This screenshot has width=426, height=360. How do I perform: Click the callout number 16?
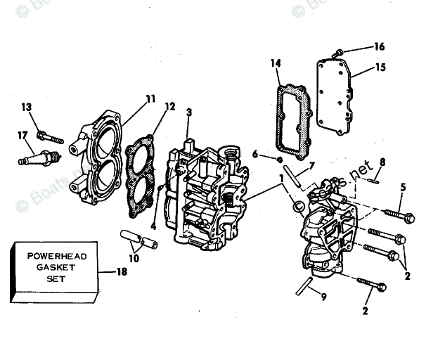click(379, 47)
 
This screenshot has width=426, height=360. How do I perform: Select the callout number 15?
click(380, 68)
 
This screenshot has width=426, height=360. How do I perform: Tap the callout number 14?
click(276, 63)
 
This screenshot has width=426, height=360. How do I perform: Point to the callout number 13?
click(27, 107)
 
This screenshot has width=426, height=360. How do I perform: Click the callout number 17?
click(23, 134)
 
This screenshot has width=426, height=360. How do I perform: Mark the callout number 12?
click(169, 107)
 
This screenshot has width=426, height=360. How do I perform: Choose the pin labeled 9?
click(304, 286)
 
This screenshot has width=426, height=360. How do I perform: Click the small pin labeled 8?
click(374, 181)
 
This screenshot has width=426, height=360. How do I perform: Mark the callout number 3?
click(188, 112)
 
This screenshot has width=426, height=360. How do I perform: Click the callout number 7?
click(312, 164)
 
